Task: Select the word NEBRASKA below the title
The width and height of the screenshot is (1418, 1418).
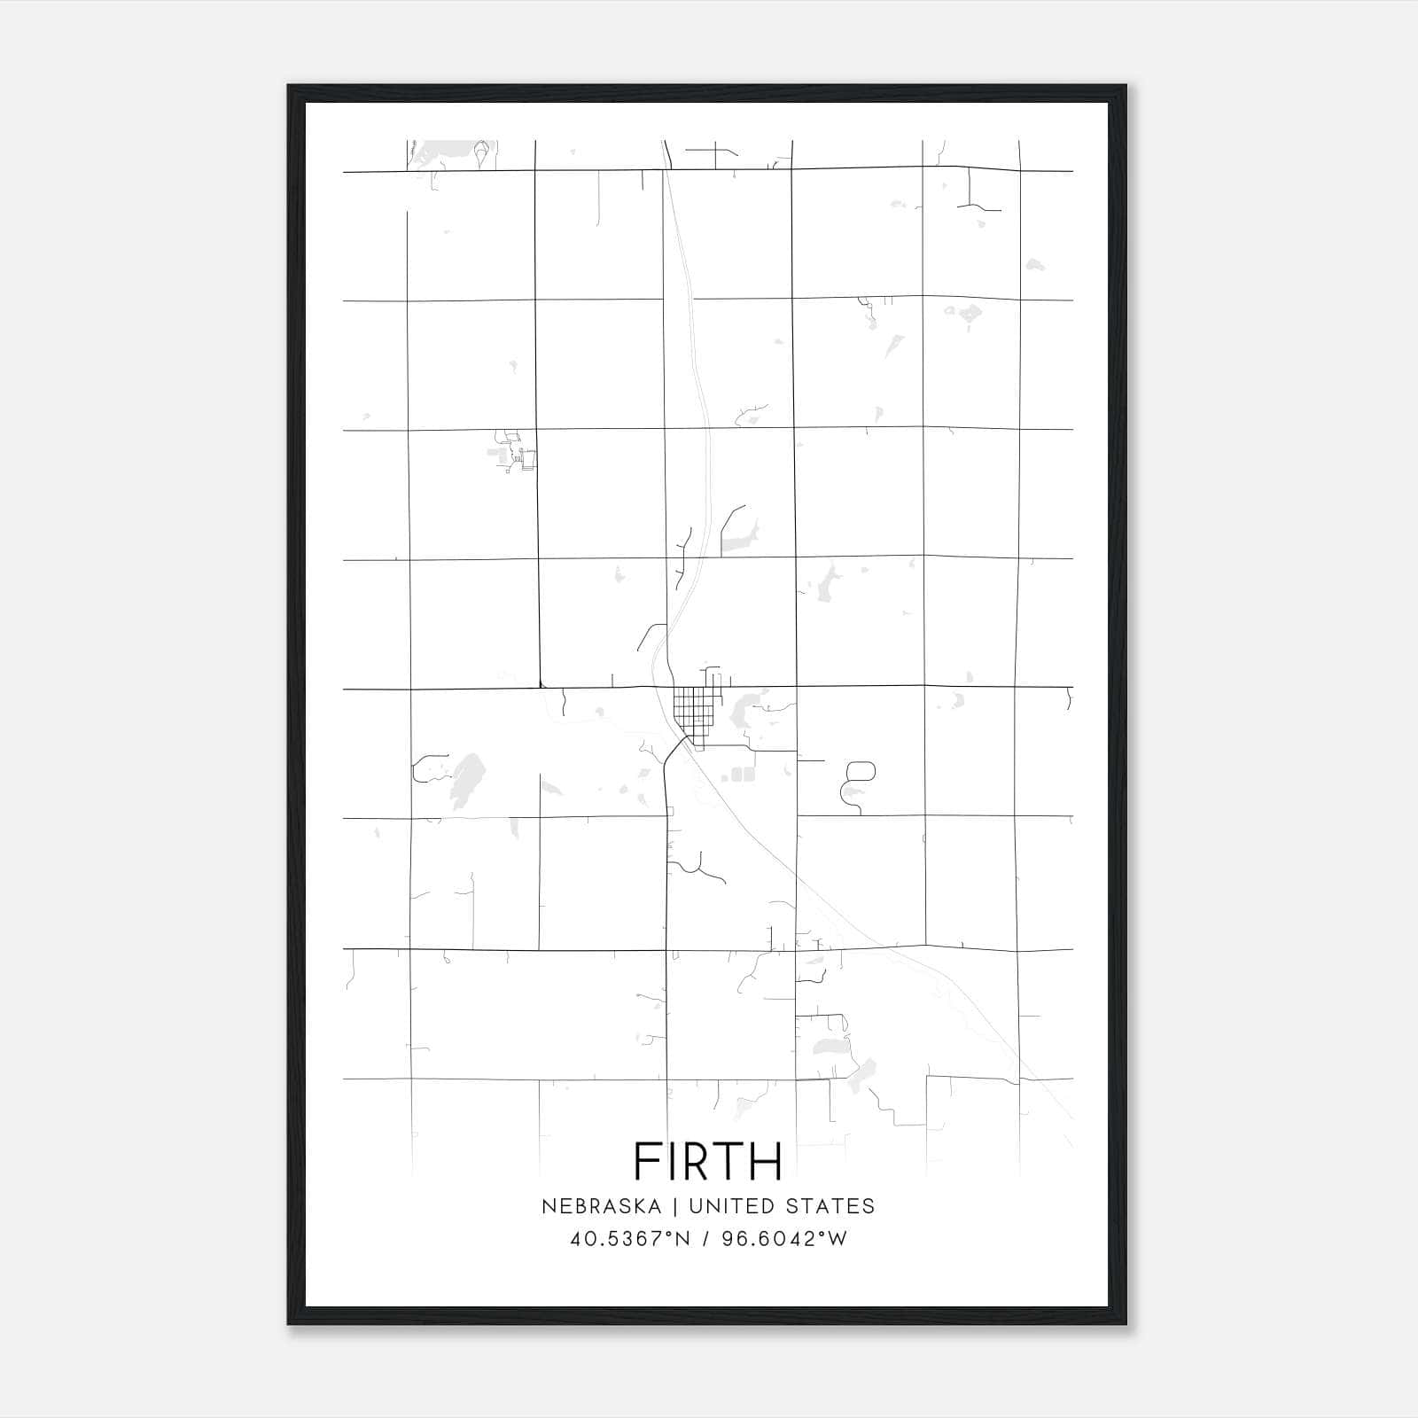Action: coord(601,1206)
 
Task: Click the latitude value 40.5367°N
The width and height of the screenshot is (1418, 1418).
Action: coord(630,1239)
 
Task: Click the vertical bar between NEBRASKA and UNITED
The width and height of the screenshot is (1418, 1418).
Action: coord(674,1206)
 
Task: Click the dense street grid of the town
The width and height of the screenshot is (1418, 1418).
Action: coord(693,709)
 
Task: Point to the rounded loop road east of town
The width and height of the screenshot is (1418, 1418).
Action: coord(861,770)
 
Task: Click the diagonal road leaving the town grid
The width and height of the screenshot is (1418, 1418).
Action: coord(674,749)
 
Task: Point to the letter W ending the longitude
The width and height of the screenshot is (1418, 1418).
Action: coord(838,1239)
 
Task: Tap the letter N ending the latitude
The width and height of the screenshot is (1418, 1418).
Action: coord(683,1239)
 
